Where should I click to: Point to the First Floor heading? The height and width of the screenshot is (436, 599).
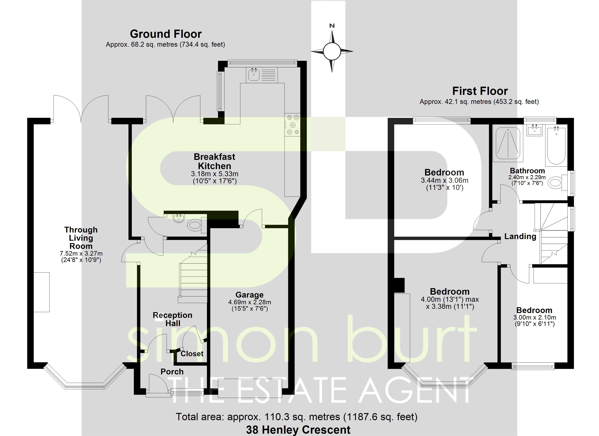pos(480,91)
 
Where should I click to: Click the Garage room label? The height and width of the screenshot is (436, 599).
pos(249,295)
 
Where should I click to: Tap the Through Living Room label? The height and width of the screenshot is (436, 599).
pos(81,238)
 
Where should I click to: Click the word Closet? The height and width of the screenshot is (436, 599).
pos(192,354)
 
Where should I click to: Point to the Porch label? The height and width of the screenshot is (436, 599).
pos(172,372)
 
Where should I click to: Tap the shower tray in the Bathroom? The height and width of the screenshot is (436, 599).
pos(508,144)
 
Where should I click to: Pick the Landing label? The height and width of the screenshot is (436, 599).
pos(520,236)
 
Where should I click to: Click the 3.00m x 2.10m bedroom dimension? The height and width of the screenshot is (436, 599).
pos(535,318)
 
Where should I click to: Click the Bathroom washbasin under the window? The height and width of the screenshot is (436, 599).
pos(535,130)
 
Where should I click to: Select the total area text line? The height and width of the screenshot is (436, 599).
pos(296,417)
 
